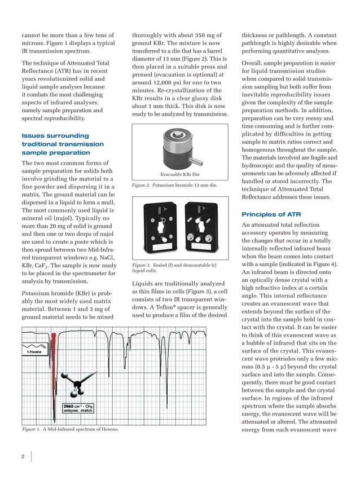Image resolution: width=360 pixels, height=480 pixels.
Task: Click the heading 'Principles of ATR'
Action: click(x=270, y=214)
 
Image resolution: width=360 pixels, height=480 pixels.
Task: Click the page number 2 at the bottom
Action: click(x=23, y=456)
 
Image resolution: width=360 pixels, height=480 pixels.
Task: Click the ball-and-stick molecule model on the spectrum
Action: click(x=73, y=384)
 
